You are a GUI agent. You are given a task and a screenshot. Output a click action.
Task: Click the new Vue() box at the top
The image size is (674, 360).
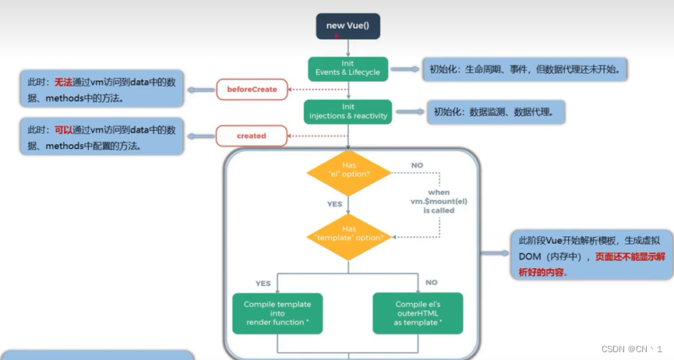[x=348, y=26]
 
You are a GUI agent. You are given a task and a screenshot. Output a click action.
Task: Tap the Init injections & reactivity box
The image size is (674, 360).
[x=348, y=111]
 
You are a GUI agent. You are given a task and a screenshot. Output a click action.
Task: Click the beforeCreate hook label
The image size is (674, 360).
[x=252, y=90]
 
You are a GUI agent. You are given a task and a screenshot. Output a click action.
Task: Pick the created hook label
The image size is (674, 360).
[x=252, y=136]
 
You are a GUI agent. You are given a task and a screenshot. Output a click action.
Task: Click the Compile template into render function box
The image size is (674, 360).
[x=278, y=313]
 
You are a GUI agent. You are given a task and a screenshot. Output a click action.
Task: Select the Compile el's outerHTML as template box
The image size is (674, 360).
[x=418, y=313]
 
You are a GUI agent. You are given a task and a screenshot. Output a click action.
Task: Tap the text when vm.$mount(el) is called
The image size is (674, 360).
[x=439, y=201]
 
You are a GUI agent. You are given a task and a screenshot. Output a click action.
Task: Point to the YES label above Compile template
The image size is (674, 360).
[x=263, y=283]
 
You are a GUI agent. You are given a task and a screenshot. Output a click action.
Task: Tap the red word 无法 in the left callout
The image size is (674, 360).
[x=62, y=82]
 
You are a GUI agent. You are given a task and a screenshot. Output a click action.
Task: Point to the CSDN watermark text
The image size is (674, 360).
[x=630, y=349]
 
